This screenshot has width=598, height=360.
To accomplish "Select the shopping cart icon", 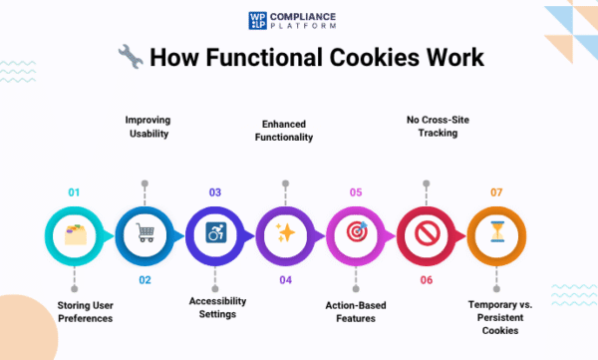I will pyautogui.click(x=146, y=233).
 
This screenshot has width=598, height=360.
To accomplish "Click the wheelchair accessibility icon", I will pyautogui.click(x=215, y=233).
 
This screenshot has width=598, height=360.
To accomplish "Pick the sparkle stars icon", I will pyautogui.click(x=286, y=233).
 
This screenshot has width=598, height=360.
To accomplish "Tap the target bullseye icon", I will pyautogui.click(x=356, y=233).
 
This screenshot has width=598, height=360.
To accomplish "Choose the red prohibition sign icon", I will pyautogui.click(x=427, y=233).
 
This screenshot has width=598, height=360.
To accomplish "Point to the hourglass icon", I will pyautogui.click(x=496, y=233).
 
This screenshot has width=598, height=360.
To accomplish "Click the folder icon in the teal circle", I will pyautogui.click(x=75, y=233).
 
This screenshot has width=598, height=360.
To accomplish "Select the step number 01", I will pyautogui.click(x=75, y=191).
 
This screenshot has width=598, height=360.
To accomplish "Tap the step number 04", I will pyautogui.click(x=286, y=280).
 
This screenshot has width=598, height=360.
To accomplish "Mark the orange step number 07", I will pyautogui.click(x=496, y=191).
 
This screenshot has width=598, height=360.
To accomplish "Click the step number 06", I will pyautogui.click(x=427, y=280).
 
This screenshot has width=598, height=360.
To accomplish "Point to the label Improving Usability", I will pyautogui.click(x=146, y=128).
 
